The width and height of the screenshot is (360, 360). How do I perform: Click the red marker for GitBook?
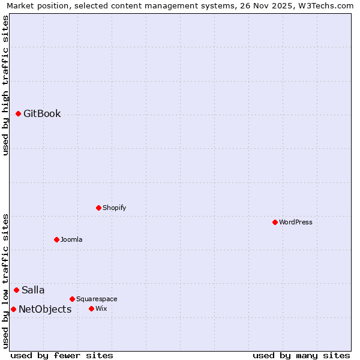point(18,113)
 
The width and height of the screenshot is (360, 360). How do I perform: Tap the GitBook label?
point(42,114)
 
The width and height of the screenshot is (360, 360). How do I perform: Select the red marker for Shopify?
point(98,208)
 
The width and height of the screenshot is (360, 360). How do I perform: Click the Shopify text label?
point(114,208)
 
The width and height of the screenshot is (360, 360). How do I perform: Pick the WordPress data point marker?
point(275,222)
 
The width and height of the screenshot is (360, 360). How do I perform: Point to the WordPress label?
point(295,222)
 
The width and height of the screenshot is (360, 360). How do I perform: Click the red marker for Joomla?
point(56,239)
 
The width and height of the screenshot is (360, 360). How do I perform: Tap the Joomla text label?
point(71,239)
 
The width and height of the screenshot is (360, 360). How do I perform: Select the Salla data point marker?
point(16,290)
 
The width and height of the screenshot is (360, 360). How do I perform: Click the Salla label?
point(33,290)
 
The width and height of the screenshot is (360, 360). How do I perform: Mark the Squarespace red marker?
point(72,299)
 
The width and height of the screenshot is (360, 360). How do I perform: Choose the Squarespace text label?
point(97,299)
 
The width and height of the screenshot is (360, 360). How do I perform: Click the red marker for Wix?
point(91,308)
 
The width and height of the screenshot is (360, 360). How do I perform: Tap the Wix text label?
point(101,308)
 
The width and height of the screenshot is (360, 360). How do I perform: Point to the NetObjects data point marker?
point(13,309)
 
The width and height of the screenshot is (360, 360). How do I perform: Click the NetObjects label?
point(45,310)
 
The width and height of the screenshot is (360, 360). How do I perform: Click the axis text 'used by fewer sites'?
point(62,355)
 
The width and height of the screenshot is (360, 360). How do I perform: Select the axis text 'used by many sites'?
point(301,355)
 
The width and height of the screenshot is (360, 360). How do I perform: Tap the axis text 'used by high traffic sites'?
point(5,85)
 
